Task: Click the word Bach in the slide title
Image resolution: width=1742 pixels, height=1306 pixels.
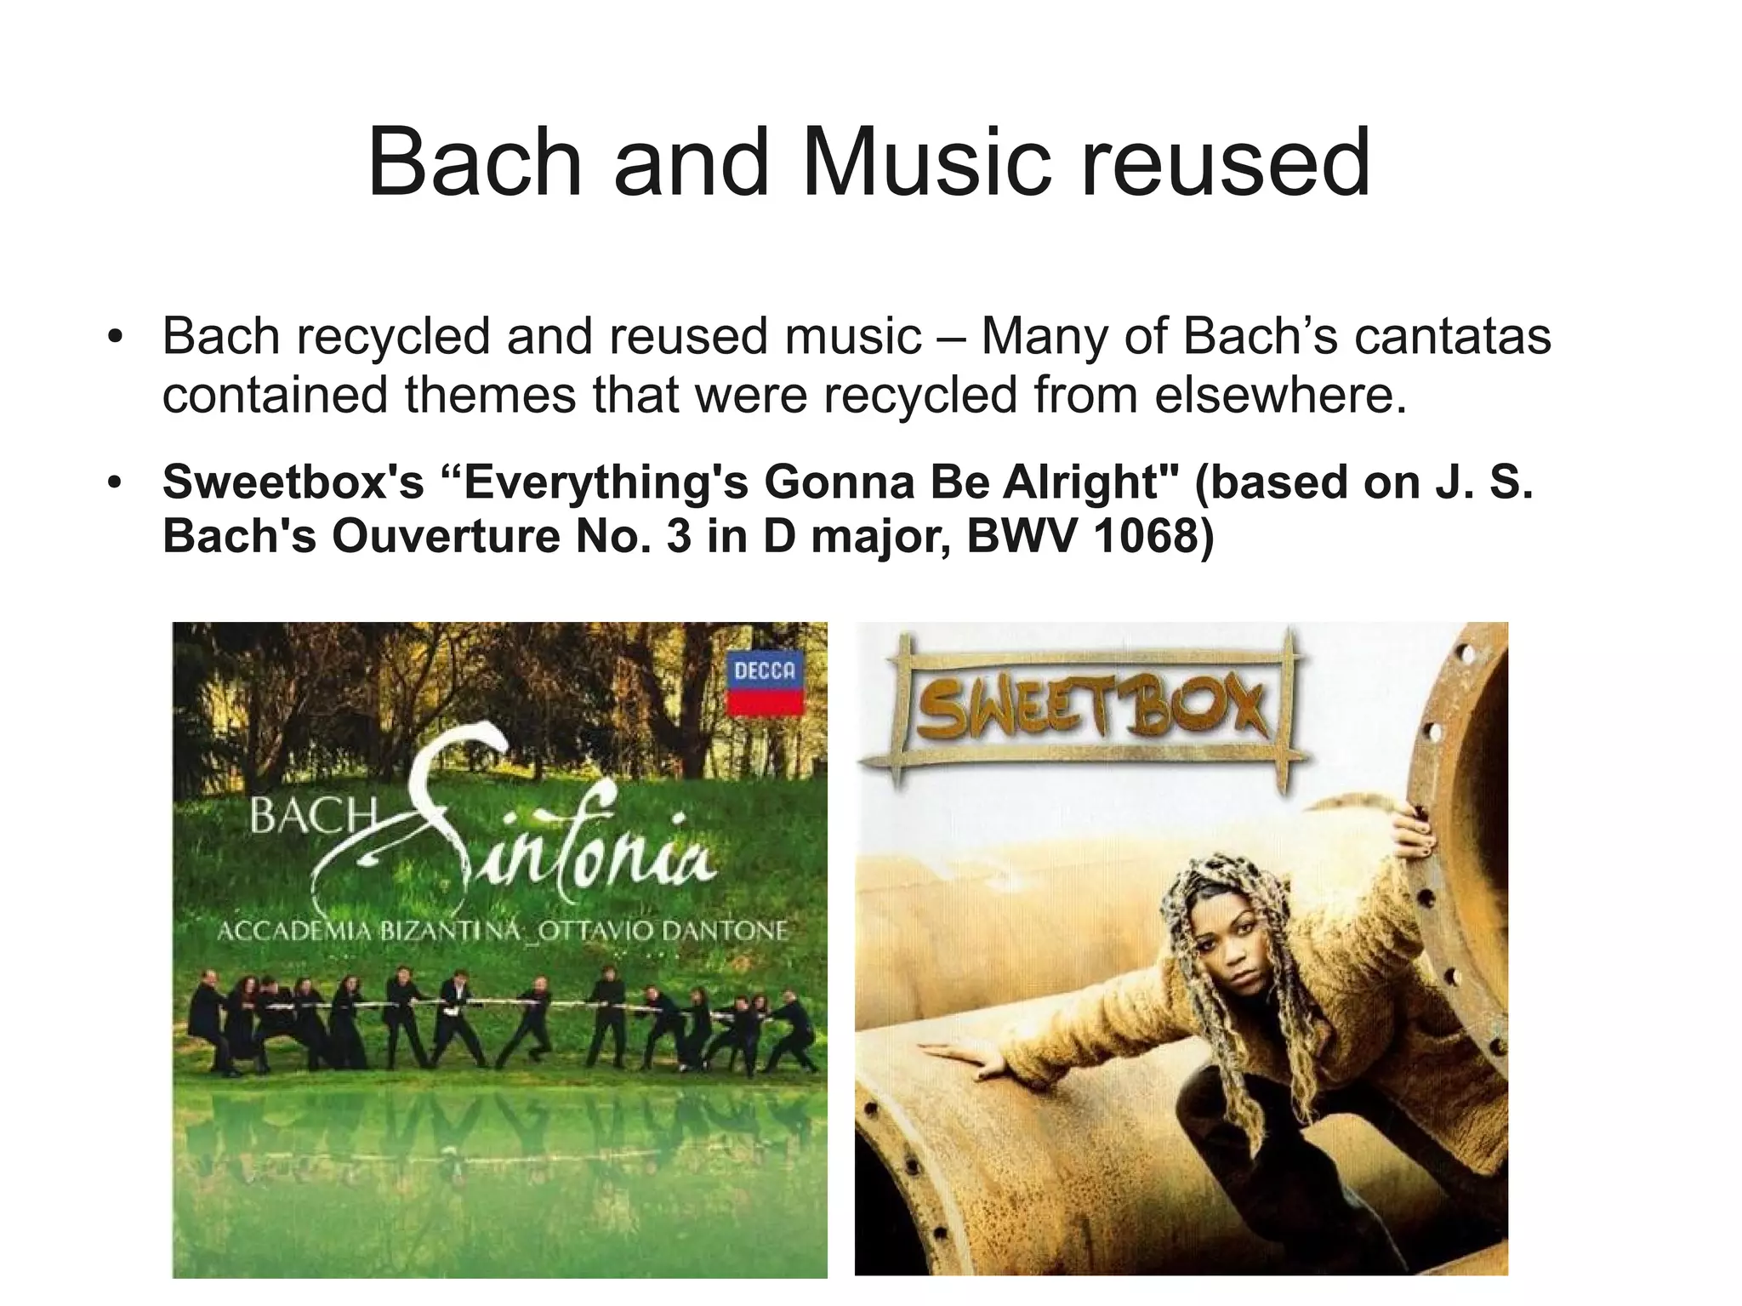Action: (x=475, y=162)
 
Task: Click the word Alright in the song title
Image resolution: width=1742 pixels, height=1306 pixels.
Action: (x=1079, y=482)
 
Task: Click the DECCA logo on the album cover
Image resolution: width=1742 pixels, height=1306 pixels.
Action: (x=765, y=683)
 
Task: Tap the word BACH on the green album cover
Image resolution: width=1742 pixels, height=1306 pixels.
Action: (x=311, y=817)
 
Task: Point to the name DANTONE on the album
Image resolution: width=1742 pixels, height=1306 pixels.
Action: (x=725, y=931)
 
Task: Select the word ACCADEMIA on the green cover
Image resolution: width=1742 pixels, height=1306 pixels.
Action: (x=293, y=931)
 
